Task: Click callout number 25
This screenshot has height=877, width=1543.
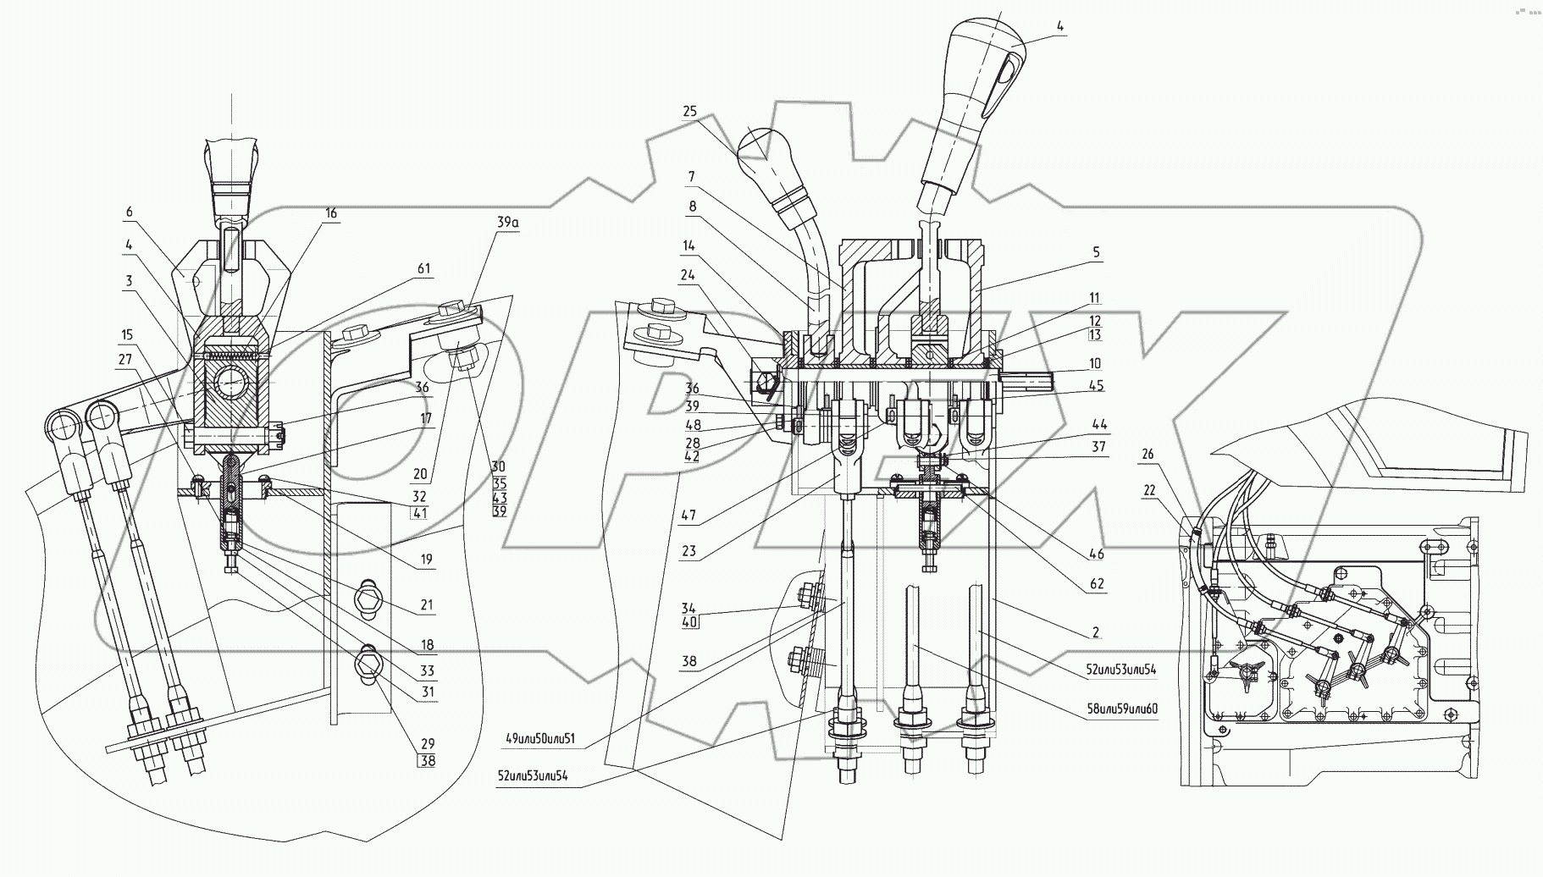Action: click(x=689, y=112)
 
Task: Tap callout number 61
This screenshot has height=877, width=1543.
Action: click(x=423, y=269)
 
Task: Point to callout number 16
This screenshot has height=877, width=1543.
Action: click(x=331, y=213)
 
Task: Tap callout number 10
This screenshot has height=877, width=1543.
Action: click(x=1095, y=363)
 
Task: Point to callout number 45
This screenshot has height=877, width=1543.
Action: click(x=1095, y=386)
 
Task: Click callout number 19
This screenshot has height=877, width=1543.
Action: click(x=426, y=559)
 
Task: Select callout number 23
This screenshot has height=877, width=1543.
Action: click(x=688, y=551)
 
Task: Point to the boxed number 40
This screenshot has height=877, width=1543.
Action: click(x=690, y=622)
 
